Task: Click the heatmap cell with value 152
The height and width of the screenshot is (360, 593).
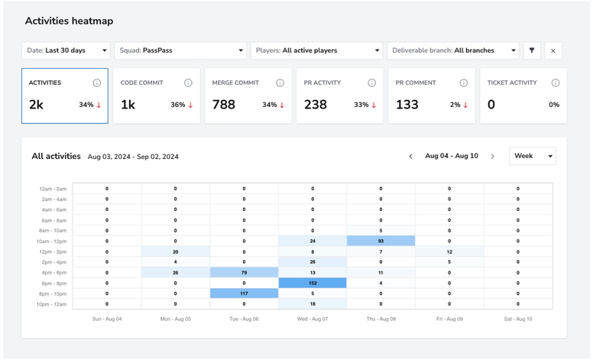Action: (x=313, y=283)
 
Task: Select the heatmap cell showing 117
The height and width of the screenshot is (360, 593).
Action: (x=244, y=294)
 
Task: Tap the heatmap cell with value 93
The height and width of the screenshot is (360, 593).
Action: (x=381, y=241)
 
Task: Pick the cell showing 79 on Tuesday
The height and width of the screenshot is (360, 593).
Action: (x=244, y=272)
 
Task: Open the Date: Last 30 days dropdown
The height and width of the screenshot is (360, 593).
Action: (x=66, y=50)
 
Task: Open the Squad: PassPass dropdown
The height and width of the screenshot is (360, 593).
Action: (x=180, y=50)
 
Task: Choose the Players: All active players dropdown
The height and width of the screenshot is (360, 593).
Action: (x=316, y=50)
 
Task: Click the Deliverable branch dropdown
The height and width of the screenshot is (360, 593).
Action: (x=453, y=50)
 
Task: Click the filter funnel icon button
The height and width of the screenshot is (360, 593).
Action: (x=532, y=50)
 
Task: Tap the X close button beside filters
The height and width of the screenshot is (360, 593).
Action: (x=553, y=50)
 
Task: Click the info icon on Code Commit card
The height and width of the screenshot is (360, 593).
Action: (x=188, y=83)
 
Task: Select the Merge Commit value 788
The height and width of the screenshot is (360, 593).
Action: (x=223, y=105)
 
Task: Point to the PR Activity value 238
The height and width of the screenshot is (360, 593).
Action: (x=316, y=105)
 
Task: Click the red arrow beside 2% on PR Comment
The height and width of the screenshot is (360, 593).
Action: (x=465, y=105)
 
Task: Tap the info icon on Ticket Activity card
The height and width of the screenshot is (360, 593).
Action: (x=556, y=83)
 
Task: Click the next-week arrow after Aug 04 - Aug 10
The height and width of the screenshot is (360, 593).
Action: (x=492, y=156)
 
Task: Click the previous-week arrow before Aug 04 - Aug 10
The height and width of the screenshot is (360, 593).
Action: (x=410, y=156)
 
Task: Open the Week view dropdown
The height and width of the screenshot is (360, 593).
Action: (x=533, y=156)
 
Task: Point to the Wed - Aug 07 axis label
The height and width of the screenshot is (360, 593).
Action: (x=313, y=319)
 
